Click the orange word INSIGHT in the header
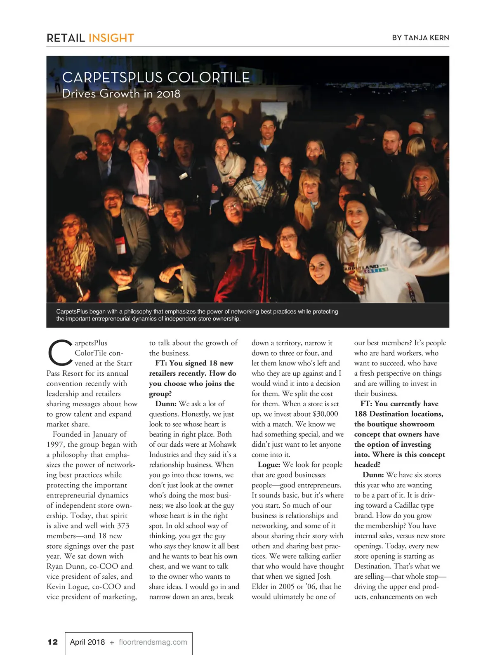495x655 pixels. (x=111, y=38)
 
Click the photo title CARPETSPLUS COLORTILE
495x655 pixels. (x=156, y=78)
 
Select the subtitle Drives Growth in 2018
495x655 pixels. (x=121, y=94)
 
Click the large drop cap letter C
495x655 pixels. (x=59, y=353)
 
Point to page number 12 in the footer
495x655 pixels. (x=53, y=642)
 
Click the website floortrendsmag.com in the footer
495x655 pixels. (x=153, y=642)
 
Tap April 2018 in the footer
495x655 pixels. (x=87, y=642)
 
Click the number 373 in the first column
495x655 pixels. (x=123, y=525)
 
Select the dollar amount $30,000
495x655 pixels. (x=325, y=414)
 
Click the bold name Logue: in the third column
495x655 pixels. (x=269, y=464)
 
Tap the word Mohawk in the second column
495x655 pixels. (x=222, y=444)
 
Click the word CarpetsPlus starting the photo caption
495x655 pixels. (x=72, y=311)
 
